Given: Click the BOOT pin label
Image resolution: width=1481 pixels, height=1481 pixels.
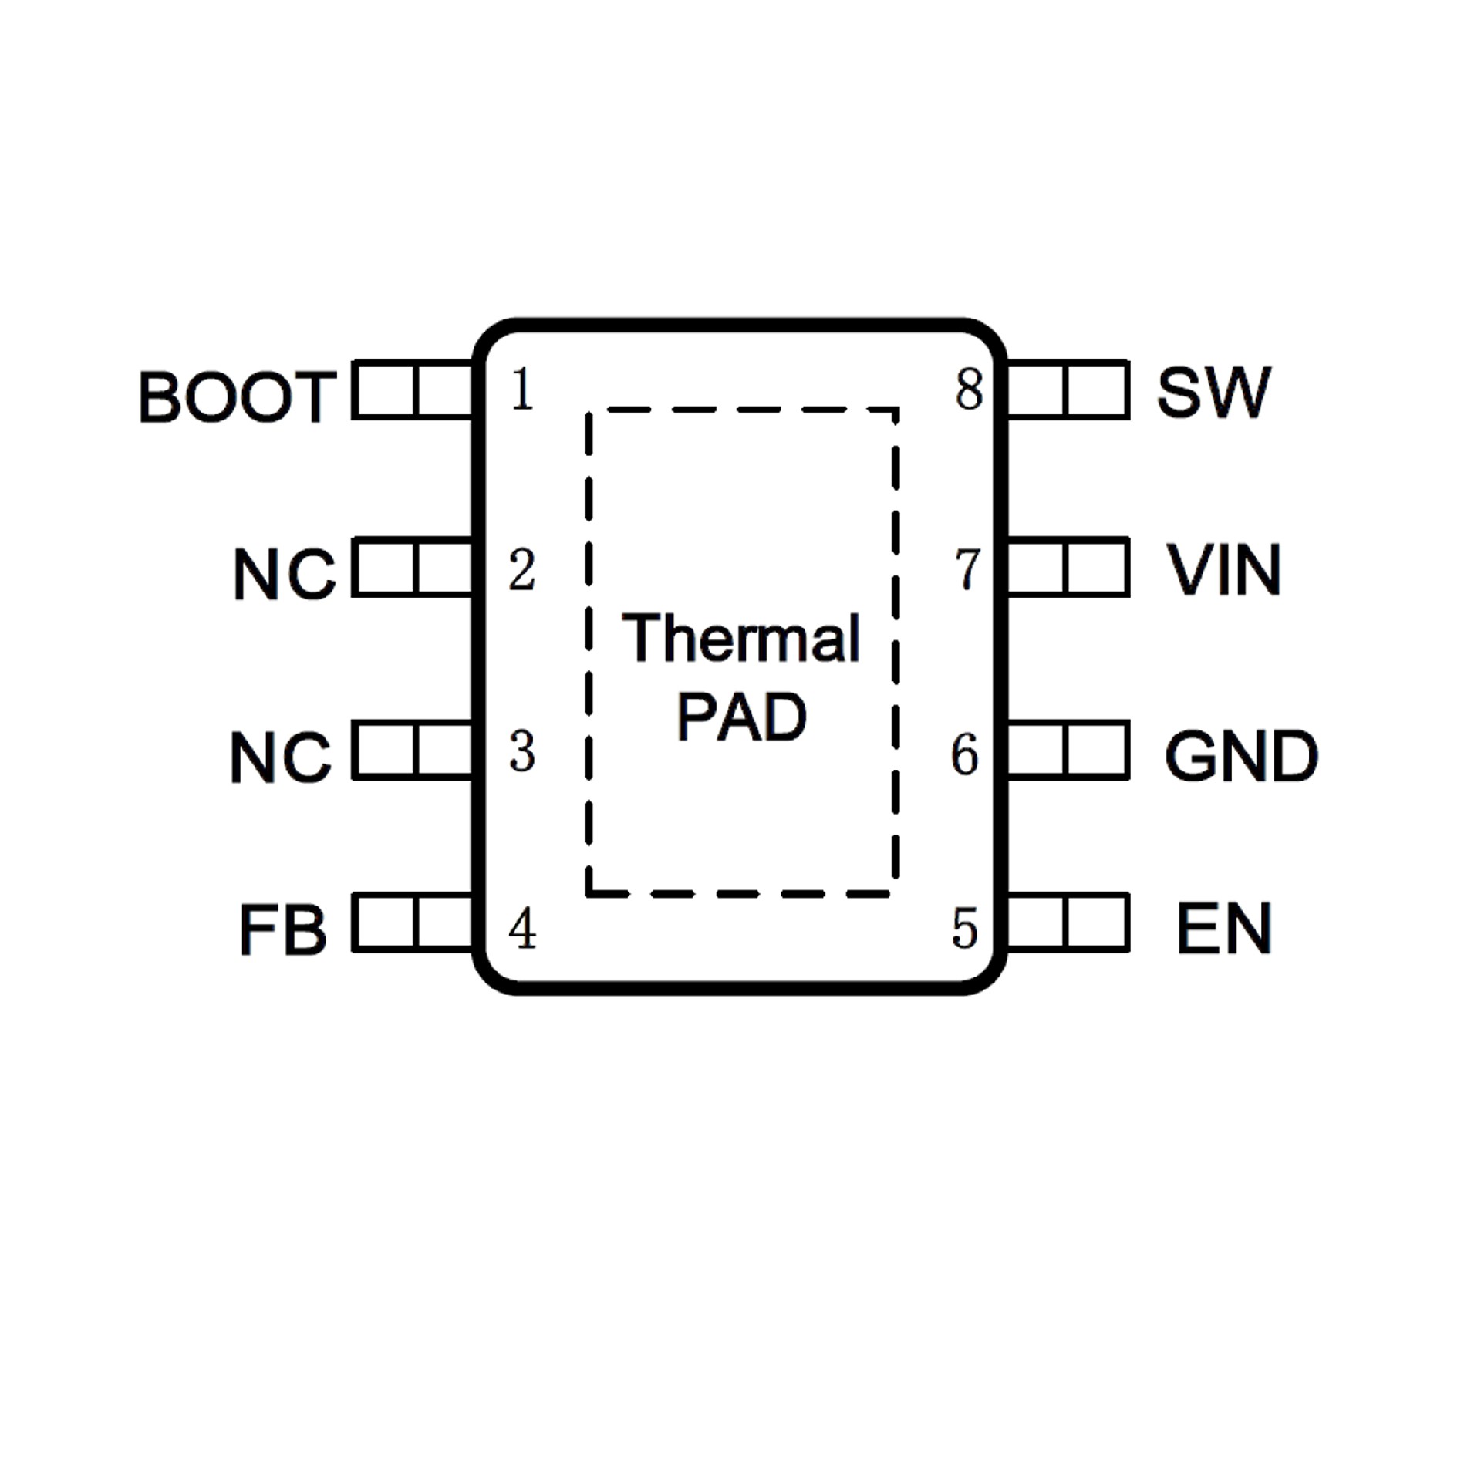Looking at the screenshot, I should (237, 396).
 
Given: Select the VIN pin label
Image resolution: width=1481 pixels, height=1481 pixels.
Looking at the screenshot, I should (1223, 570).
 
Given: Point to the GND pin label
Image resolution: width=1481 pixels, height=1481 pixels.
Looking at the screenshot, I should (1240, 756).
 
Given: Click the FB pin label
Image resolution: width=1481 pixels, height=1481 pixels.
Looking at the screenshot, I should (283, 929).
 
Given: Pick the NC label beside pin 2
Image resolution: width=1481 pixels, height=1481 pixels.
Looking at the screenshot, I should (285, 574).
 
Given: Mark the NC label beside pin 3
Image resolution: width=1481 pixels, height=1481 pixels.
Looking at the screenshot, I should (282, 757).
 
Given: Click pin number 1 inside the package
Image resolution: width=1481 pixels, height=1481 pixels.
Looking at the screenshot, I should (522, 390).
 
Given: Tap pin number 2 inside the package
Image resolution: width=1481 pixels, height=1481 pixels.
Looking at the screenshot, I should (522, 571).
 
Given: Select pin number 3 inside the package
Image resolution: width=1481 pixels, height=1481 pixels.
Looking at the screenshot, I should (522, 752).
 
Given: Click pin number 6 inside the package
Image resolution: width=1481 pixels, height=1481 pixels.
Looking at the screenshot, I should (965, 754).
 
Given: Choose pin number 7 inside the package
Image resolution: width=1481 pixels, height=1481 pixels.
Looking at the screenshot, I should (967, 569).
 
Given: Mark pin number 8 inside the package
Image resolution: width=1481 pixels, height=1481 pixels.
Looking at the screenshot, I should (969, 390).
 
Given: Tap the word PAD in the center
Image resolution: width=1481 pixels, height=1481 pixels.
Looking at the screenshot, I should (741, 717).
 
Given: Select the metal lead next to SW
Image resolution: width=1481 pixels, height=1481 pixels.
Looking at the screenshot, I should (1068, 390).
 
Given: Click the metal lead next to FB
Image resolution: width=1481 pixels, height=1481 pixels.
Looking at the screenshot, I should (413, 923).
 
